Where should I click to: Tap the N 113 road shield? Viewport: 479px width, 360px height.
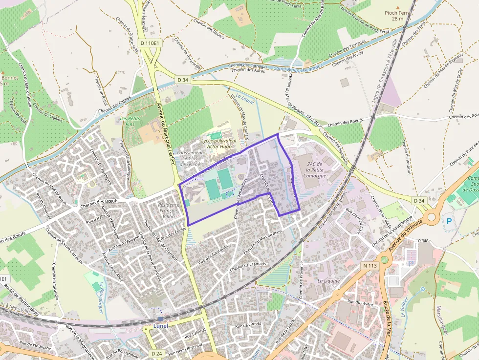[370, 266]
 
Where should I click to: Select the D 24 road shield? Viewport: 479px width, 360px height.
[156, 353]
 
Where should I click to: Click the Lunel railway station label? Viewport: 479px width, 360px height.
[160, 325]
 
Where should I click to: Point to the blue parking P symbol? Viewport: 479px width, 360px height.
[449, 221]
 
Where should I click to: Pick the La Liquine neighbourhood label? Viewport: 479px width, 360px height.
[328, 281]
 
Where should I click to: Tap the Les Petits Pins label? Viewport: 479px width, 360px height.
[130, 121]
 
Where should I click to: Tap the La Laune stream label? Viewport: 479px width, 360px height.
[246, 96]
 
